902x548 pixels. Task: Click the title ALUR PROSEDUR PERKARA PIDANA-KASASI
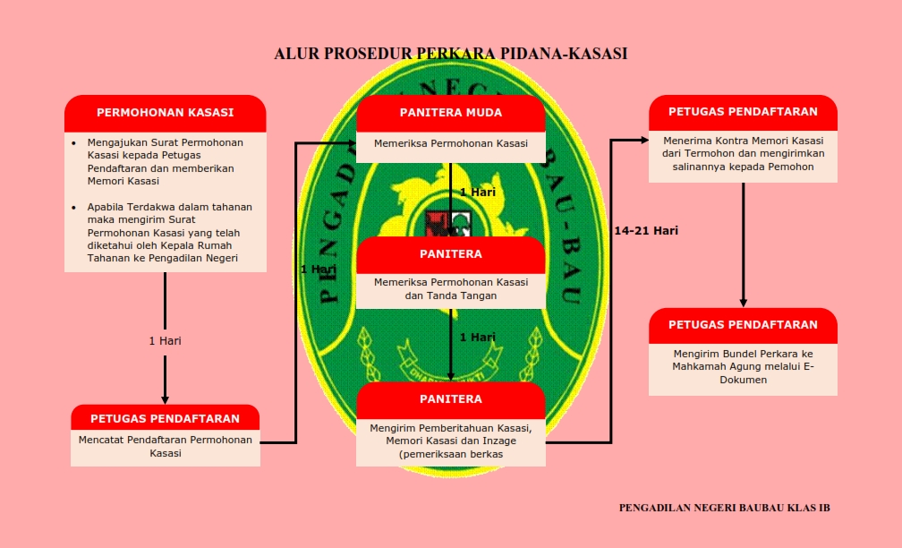pos(450,54)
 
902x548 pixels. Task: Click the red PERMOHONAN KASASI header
pos(165,113)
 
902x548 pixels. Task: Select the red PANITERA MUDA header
pos(450,113)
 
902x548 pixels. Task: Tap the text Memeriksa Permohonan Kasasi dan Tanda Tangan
pos(450,288)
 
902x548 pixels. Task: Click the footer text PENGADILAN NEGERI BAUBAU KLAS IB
pos(724,508)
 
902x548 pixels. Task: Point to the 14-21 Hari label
pos(645,230)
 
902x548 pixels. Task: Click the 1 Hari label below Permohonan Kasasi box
pos(165,340)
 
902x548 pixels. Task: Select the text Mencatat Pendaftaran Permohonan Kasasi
pos(165,446)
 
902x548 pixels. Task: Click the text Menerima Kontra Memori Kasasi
pos(743,141)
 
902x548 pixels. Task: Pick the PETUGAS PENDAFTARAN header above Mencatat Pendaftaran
pos(165,418)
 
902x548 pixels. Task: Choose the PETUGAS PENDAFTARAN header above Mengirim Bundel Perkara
pos(743,324)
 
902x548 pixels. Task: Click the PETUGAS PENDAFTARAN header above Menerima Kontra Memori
pos(743,112)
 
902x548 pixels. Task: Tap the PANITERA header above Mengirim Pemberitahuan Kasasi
pos(450,399)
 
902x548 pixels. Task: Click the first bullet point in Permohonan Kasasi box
pos(74,142)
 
